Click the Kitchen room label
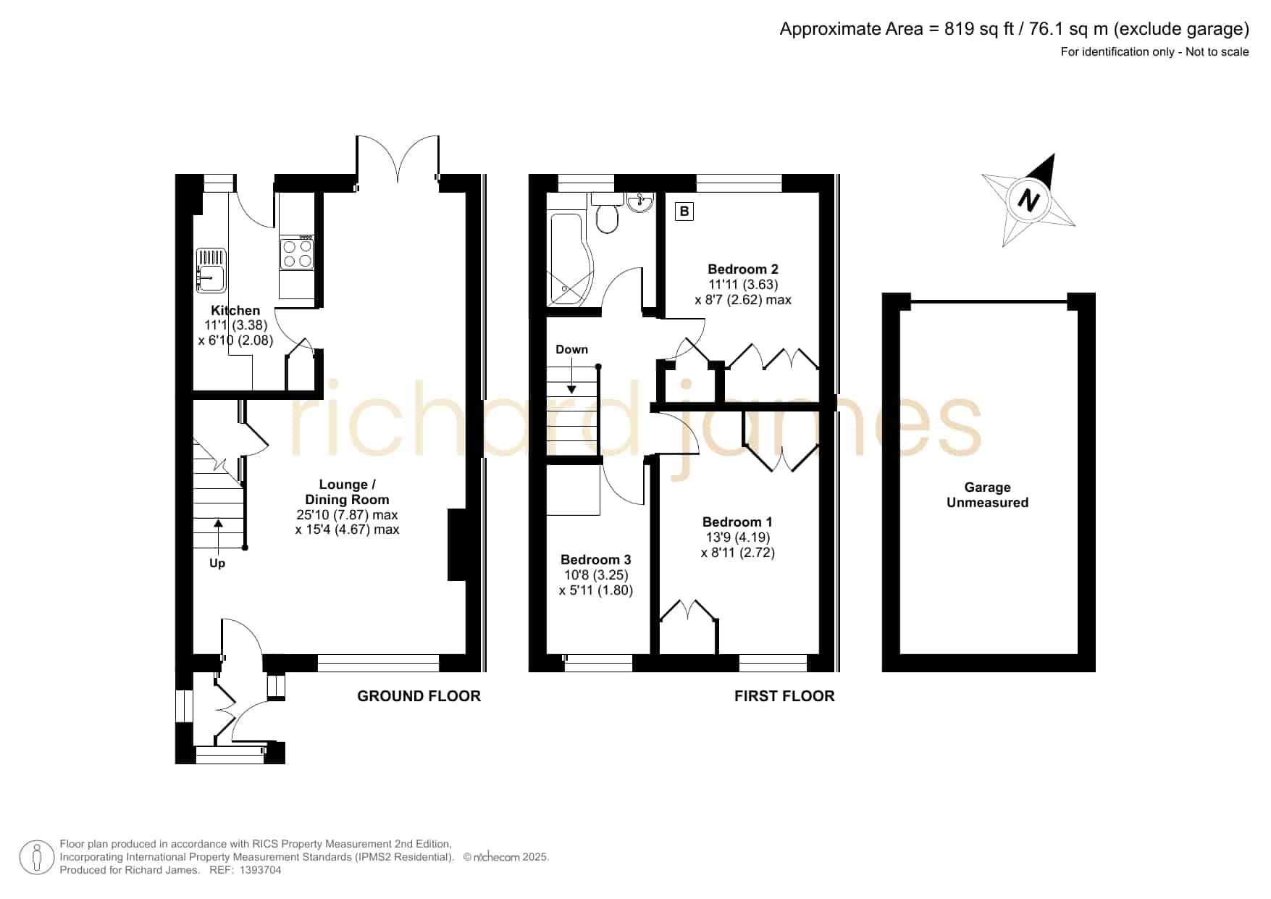[x=235, y=311]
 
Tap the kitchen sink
[x=211, y=270]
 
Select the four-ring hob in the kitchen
[x=297, y=251]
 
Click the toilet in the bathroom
[x=607, y=213]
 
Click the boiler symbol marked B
[x=684, y=212]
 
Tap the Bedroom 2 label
[x=743, y=269]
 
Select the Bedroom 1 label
[x=737, y=522]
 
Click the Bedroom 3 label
[x=595, y=560]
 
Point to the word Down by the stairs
[x=571, y=349]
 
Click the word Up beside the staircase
[x=217, y=564]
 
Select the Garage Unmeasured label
[x=988, y=495]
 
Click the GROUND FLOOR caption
[x=419, y=696]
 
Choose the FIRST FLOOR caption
[x=784, y=696]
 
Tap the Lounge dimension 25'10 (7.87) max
[x=347, y=515]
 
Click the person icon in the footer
[x=36, y=857]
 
